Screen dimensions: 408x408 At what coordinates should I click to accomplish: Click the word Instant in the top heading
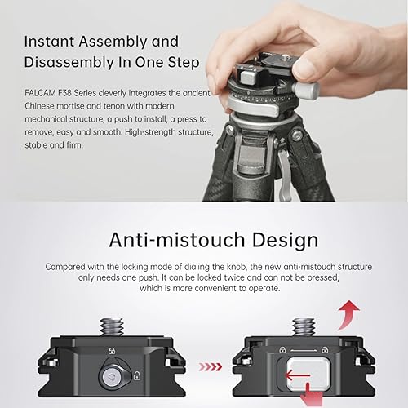coord(49,42)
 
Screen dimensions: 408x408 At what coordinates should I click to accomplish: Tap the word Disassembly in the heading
coord(69,63)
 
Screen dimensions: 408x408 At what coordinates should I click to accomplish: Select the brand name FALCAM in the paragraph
coord(41,93)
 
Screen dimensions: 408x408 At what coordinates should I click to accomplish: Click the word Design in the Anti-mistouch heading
coord(285,240)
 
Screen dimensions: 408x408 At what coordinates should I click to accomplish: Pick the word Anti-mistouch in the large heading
coord(177,240)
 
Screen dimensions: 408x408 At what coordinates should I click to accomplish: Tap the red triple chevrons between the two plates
coord(210,367)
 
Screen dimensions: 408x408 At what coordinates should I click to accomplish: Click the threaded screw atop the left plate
coord(112,327)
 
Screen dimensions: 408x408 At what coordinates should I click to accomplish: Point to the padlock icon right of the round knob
coord(136,375)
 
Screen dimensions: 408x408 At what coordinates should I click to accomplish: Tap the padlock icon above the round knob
coord(112,351)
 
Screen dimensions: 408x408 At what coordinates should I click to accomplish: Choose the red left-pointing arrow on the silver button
coord(298,375)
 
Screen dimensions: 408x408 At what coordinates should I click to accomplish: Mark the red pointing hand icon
coord(311,396)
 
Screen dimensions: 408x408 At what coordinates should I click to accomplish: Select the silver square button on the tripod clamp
coord(248,76)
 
